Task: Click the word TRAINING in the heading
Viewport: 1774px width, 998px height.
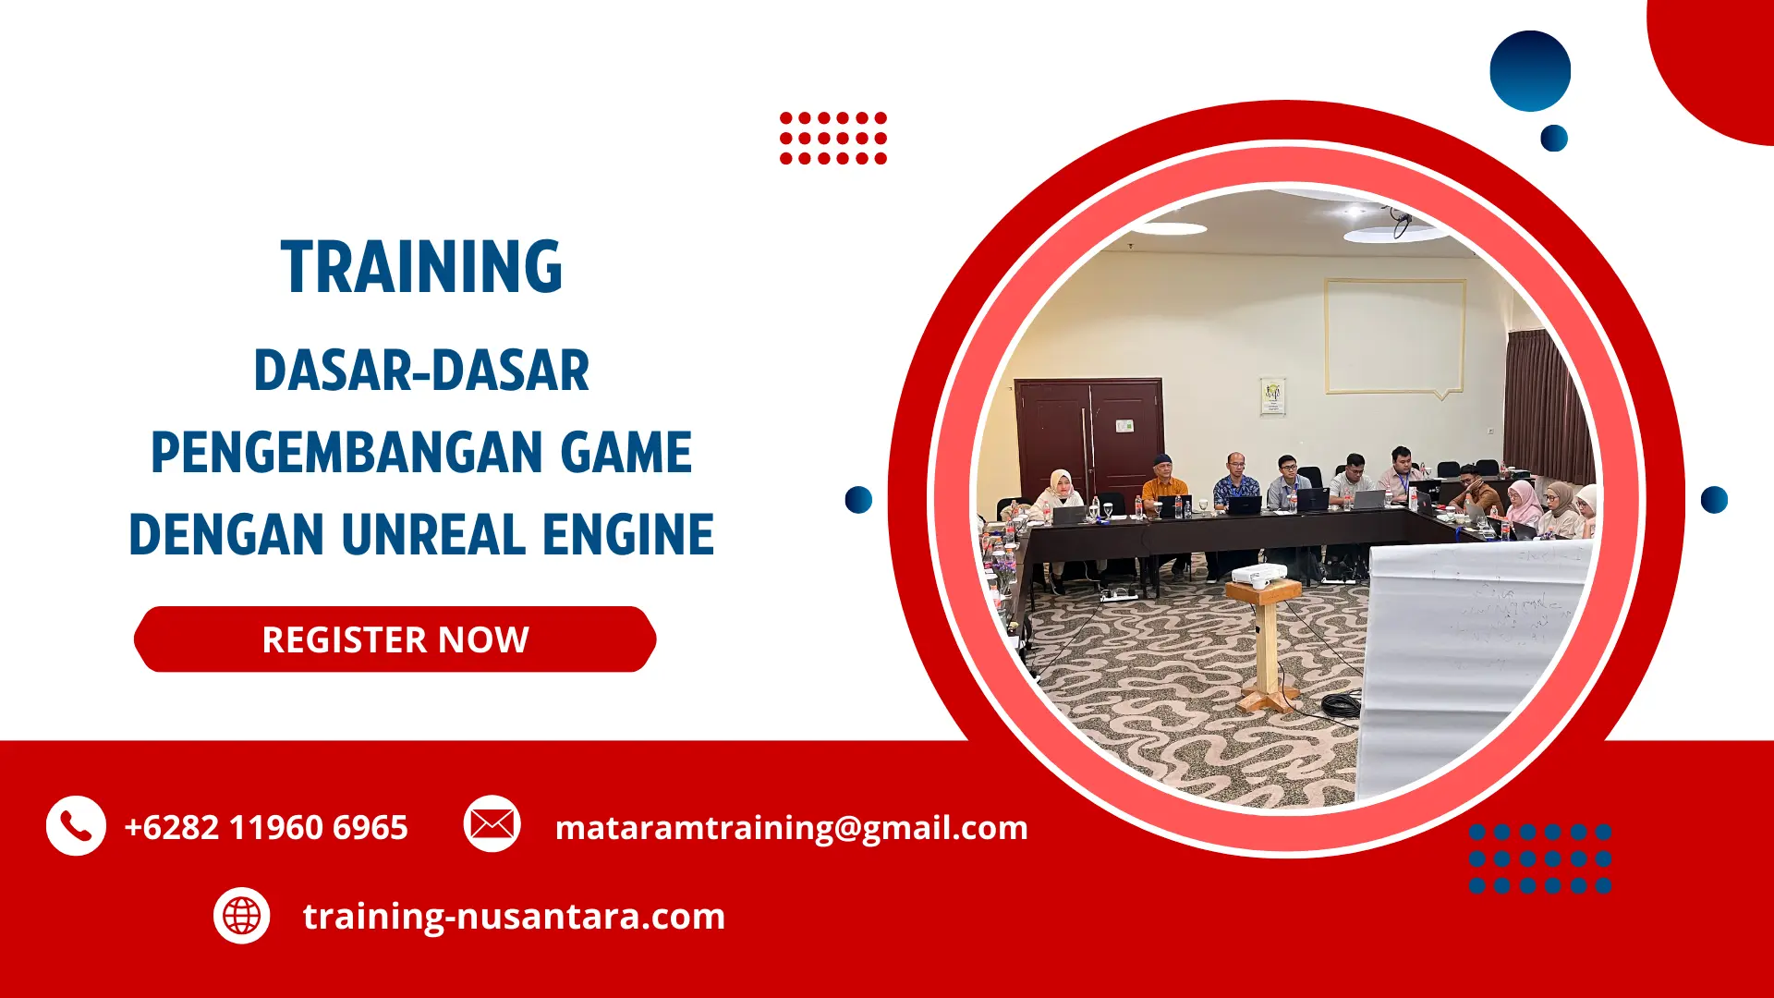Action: (421, 267)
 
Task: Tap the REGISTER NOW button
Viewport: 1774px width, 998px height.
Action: (395, 639)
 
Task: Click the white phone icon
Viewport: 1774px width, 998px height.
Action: (76, 825)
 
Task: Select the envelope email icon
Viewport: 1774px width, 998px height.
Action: (492, 823)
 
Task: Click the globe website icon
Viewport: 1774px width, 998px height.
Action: (242, 916)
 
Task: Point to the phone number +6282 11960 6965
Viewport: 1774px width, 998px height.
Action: (266, 827)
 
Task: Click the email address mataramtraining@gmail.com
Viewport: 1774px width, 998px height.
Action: (791, 827)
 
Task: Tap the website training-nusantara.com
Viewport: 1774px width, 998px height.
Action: (514, 916)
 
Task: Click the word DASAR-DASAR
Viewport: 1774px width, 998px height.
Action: (421, 371)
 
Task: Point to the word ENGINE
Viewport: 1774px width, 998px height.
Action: (627, 534)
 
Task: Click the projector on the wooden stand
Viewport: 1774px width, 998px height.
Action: (1258, 575)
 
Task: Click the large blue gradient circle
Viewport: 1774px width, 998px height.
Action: (1530, 71)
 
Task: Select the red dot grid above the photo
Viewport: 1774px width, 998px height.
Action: (832, 138)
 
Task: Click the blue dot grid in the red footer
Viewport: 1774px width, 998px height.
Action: (1539, 858)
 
